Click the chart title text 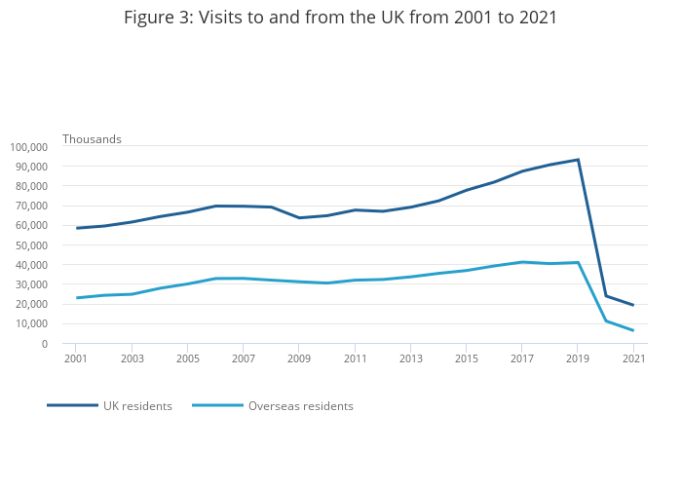341,19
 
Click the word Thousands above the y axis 92,139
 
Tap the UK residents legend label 137,406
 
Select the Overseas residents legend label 300,406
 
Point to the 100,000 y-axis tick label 28,147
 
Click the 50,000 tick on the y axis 31,245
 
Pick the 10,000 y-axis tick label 31,324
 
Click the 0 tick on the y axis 44,344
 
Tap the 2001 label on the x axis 76,358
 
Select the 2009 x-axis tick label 299,358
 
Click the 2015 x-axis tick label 466,358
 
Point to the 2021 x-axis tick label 633,358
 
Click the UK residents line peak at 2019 578,160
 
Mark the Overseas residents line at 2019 578,262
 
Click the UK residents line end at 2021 633,305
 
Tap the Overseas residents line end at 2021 633,330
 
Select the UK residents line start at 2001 76,228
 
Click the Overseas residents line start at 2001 76,298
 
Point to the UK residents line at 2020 606,296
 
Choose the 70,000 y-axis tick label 31,206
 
